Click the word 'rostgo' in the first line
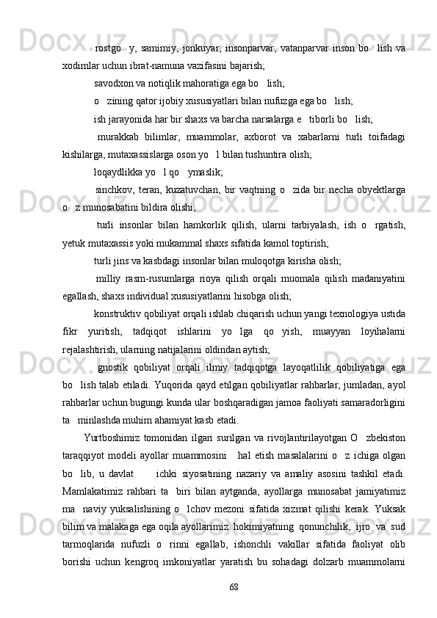(x=109, y=48)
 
